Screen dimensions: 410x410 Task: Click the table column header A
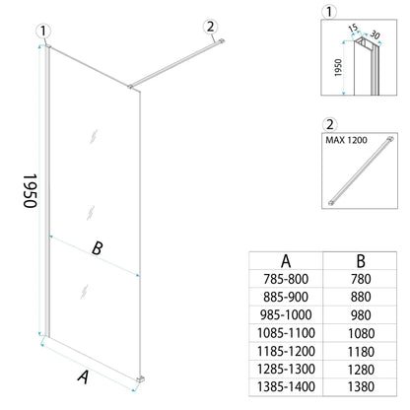point(286,260)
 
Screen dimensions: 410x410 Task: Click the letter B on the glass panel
point(97,249)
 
